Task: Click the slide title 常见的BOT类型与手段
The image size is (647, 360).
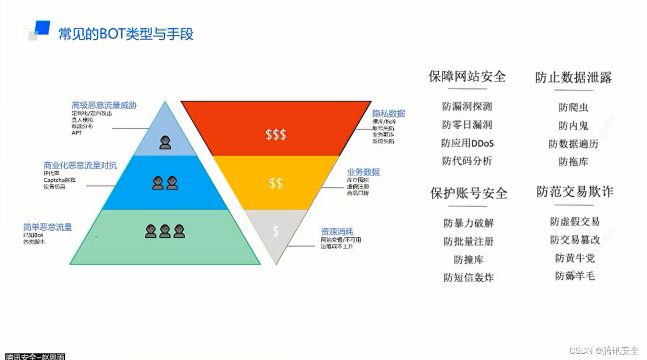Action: pos(126,34)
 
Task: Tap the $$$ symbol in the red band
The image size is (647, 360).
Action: pos(276,134)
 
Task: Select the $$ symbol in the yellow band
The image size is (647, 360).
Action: pos(276,183)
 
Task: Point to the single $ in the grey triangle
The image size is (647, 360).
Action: pos(276,231)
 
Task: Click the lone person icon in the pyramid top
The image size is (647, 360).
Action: pos(165,142)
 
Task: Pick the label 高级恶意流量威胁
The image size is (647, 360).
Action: pos(104,105)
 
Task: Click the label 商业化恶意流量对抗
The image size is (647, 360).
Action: pos(80,165)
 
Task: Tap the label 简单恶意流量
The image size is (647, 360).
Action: pos(47,227)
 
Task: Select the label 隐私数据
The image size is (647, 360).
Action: pos(388,113)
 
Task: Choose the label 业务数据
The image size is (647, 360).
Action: pos(363,172)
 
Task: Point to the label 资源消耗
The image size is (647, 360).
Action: pos(337,231)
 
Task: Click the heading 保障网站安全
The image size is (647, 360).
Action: pos(467,77)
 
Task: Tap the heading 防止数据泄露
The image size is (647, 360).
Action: pos(573,78)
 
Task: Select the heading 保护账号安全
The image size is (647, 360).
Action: pos(468,194)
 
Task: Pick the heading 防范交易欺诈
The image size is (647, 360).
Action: pos(575,192)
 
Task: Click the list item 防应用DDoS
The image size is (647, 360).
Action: pos(467,143)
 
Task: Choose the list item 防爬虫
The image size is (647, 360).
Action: pos(573,107)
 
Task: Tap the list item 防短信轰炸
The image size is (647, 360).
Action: pos(468,278)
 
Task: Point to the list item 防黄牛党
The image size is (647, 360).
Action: pos(575,258)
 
